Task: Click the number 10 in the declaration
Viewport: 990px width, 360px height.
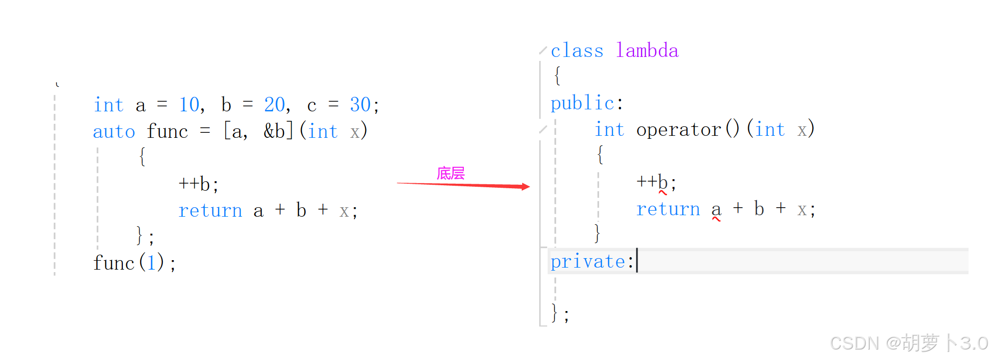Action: coord(189,105)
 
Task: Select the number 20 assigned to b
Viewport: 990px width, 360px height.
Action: coord(275,105)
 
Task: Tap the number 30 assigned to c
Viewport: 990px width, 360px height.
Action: coord(360,105)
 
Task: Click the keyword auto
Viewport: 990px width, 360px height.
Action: coord(114,132)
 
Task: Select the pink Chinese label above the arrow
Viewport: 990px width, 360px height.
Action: coord(450,173)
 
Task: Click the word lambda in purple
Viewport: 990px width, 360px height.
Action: coord(647,50)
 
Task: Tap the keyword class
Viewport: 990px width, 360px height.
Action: coord(577,50)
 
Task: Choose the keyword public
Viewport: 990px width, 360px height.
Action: coord(582,103)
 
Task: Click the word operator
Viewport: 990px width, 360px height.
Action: coord(678,130)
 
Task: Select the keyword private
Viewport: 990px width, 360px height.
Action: coord(588,262)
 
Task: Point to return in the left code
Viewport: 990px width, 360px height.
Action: coord(210,211)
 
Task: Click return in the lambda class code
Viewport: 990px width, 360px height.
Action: coord(668,209)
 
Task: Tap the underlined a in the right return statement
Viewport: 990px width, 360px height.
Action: coord(716,210)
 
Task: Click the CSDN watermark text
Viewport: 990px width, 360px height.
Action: coord(908,344)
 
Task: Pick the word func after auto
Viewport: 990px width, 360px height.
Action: coord(167,132)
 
